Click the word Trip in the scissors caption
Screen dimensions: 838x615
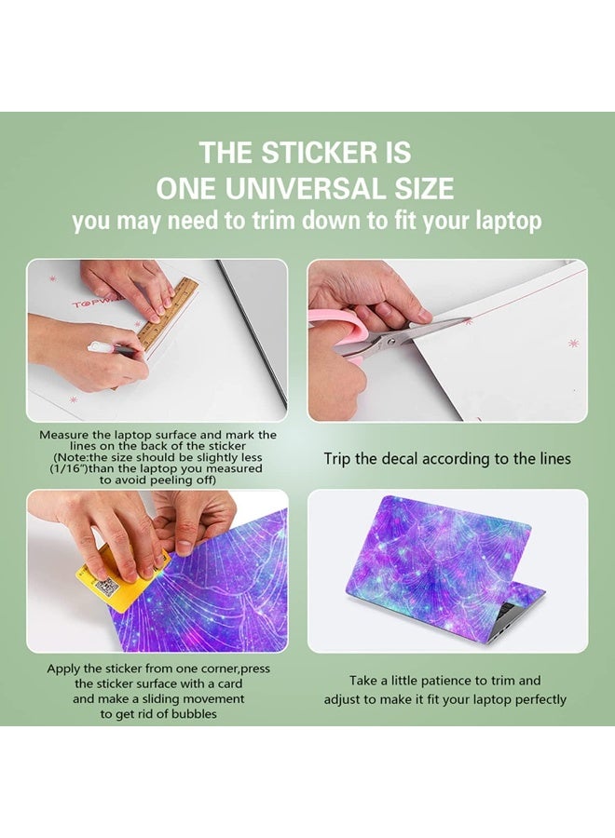coord(339,458)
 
